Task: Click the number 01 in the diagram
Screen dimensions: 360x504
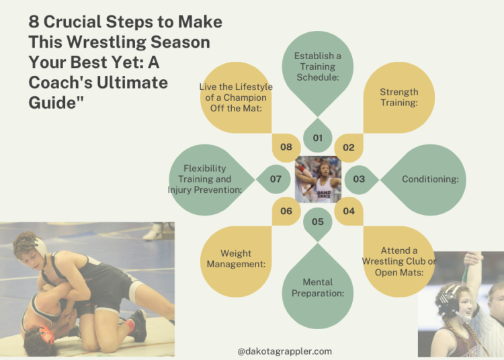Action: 317,138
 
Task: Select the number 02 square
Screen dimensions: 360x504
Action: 349,147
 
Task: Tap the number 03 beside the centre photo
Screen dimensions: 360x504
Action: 359,179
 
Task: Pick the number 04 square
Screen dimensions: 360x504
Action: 349,211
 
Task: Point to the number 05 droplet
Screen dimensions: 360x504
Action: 317,222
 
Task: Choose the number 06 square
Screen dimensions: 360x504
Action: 286,211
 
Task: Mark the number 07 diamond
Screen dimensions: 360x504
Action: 276,179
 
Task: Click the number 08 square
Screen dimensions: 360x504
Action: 286,147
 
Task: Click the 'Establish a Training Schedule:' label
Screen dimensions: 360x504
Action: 317,66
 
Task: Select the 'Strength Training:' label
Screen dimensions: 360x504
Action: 398,97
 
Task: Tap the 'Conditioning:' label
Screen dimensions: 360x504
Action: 430,179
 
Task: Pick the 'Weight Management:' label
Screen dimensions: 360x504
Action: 236,259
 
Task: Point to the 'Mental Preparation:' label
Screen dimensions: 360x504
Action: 317,287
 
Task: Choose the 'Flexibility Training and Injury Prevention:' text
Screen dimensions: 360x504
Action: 204,179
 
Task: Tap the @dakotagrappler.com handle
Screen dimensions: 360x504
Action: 284,351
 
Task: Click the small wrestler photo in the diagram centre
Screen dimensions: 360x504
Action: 318,179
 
